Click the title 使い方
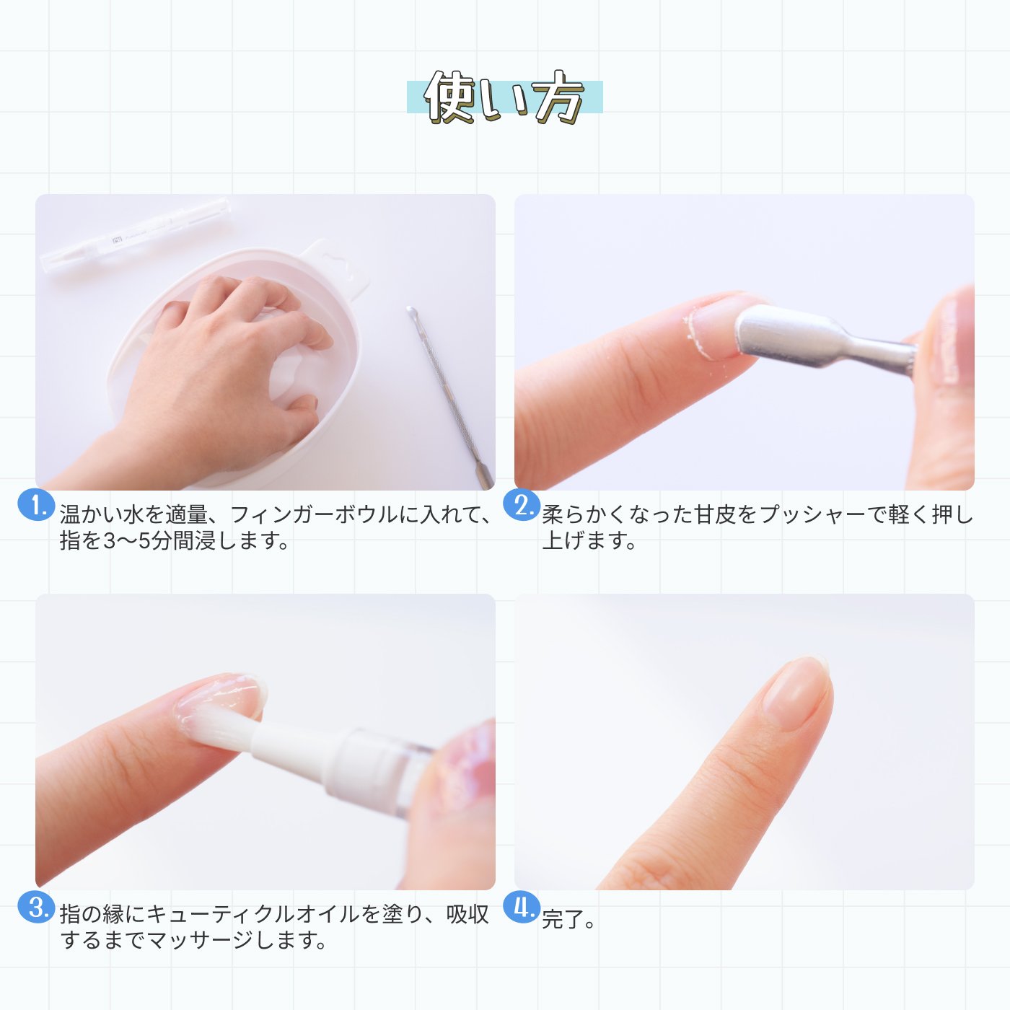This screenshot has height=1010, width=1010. coord(504,98)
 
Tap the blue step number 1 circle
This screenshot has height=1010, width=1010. coord(35,505)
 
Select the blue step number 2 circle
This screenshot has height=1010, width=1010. coord(521,505)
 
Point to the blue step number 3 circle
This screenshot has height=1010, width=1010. coord(35,906)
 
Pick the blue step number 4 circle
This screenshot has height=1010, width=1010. coord(521,906)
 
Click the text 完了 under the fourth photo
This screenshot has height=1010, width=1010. coord(562,920)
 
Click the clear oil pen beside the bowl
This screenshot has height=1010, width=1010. coord(137,234)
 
